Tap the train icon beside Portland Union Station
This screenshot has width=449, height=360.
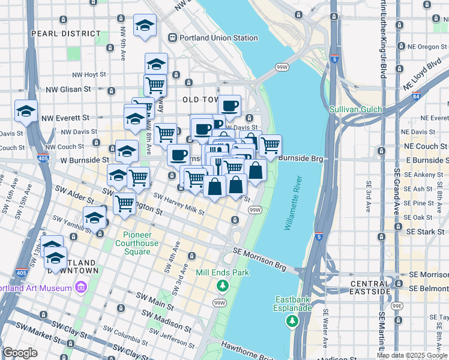pos(173,38)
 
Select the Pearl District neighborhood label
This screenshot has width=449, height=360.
pos(66,34)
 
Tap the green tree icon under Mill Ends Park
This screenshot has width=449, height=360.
pos(223,286)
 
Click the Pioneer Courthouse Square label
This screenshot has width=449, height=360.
pos(141,243)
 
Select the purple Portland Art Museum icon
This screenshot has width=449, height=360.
pos(80,288)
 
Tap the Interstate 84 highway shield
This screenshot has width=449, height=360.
pos(416,96)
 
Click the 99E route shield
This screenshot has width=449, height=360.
pos(397,305)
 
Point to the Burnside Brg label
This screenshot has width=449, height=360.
pos(301,158)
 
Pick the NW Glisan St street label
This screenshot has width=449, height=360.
pos(68,89)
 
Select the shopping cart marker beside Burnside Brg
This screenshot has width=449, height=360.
pos(270,144)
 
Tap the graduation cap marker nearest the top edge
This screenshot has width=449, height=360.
pos(144,25)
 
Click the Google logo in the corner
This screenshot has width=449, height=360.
pos(20,353)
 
